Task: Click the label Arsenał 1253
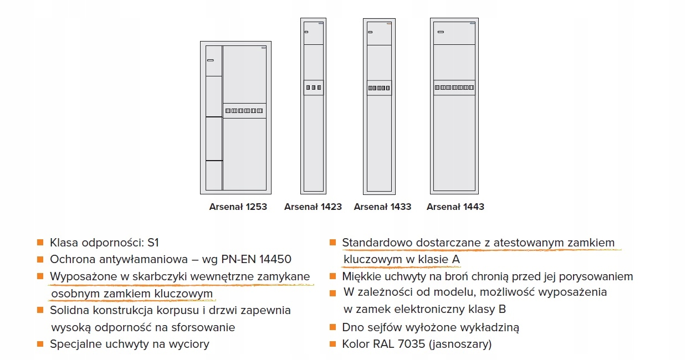pyautogui.click(x=238, y=207)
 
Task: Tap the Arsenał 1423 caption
pyautogui.click(x=313, y=207)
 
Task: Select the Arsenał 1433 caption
pyautogui.click(x=382, y=207)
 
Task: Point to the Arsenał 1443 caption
pyautogui.click(x=455, y=207)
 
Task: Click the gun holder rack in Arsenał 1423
pyautogui.click(x=313, y=88)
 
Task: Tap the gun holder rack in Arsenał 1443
pyautogui.click(x=454, y=88)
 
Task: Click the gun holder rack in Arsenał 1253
pyautogui.click(x=244, y=111)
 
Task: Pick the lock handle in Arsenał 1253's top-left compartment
pyautogui.click(x=210, y=60)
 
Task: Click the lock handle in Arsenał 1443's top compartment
pyautogui.click(x=441, y=32)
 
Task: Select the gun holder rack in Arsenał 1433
pyautogui.click(x=380, y=88)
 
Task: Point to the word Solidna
pyautogui.click(x=68, y=310)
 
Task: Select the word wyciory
pyautogui.click(x=190, y=344)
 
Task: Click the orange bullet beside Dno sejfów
pyautogui.click(x=332, y=327)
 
